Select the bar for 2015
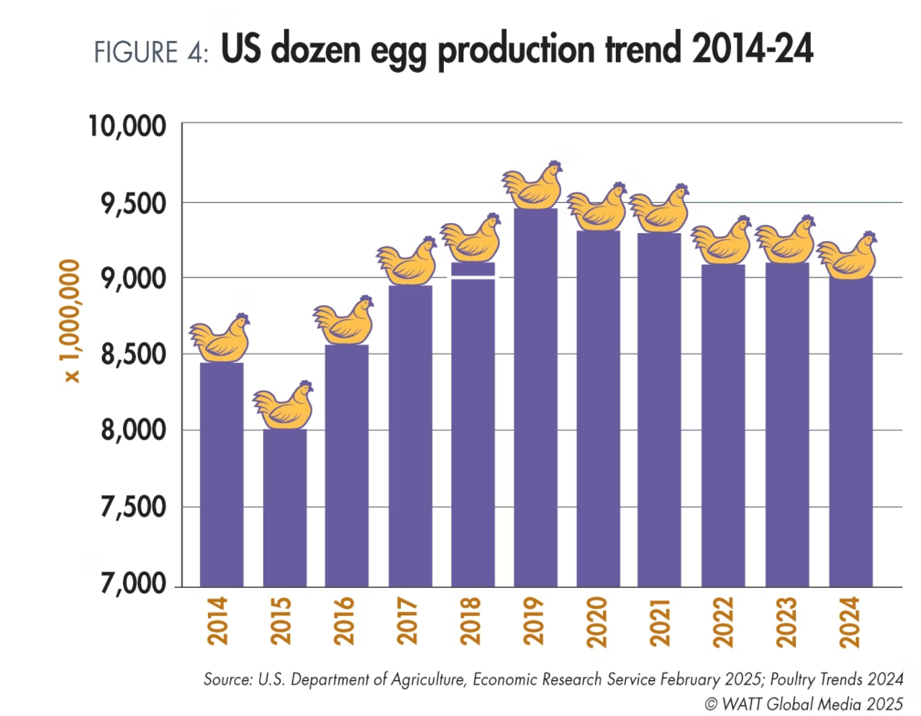pos(284,508)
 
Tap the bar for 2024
pos(850,432)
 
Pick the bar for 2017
pos(410,436)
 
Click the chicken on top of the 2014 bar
pos(220,338)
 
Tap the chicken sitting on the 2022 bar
pos(722,241)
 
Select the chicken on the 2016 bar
pos(345,321)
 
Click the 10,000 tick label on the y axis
pos(127,126)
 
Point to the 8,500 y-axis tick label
pos(134,354)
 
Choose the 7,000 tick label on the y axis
pos(134,583)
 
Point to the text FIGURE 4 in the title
pos(151,53)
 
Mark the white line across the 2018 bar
pos(473,277)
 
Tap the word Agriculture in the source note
pos(428,679)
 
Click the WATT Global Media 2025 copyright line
pos(804,704)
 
